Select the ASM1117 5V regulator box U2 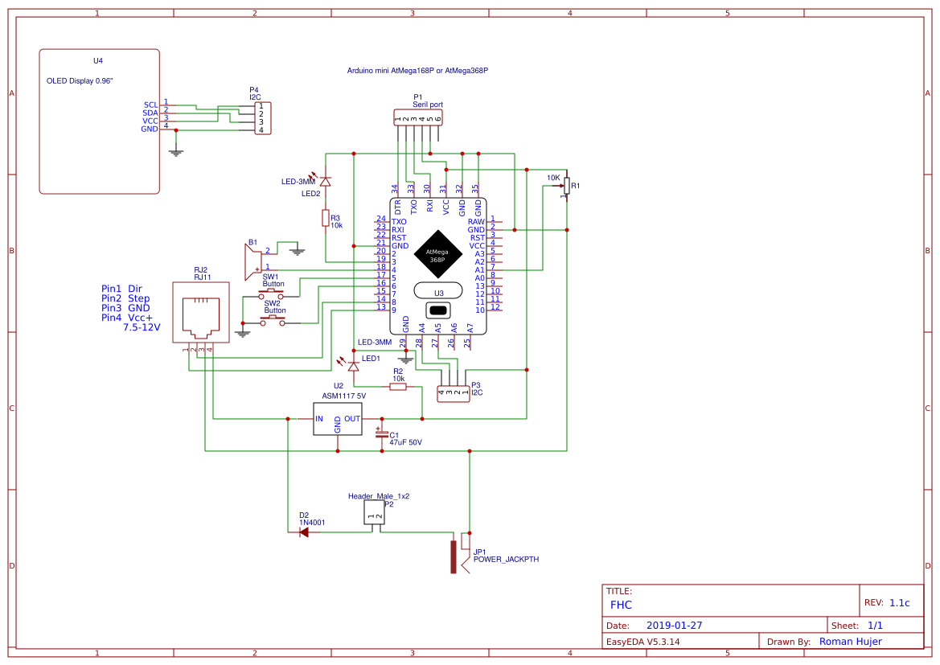[338, 419]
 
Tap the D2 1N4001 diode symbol [304, 532]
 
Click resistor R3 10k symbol [325, 218]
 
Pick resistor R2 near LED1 [398, 387]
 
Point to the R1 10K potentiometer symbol [566, 186]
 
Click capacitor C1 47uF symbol [382, 434]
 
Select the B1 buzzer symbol [253, 259]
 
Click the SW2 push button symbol [273, 322]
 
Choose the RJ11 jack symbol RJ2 [200, 313]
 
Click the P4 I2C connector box [262, 117]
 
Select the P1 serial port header [418, 118]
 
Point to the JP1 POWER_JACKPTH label [506, 559]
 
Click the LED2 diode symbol [325, 182]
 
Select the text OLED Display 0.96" [80, 81]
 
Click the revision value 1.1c [899, 602]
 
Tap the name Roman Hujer [850, 642]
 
